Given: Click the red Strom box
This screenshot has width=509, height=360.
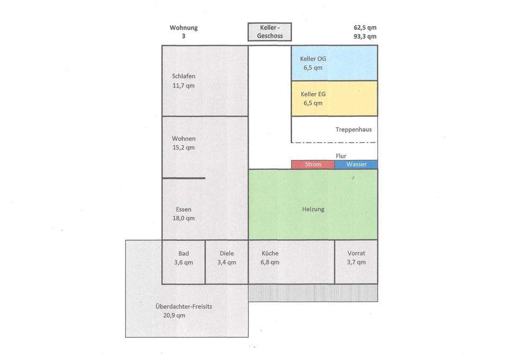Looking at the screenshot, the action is point(313,164).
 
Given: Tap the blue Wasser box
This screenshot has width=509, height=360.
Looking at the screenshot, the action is point(356,164).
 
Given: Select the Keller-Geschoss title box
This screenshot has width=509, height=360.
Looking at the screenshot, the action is point(269,32).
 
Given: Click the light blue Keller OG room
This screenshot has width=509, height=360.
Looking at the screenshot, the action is point(334,63).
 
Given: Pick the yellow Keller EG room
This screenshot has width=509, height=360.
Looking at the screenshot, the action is point(334,99).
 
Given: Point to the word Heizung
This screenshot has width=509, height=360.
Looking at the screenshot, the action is point(313,209).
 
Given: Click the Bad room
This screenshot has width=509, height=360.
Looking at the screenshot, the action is point(183,262).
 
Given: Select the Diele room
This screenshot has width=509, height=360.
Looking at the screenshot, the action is point(226,262).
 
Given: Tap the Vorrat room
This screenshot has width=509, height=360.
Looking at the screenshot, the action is point(356,262).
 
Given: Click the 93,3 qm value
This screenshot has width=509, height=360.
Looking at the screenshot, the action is point(365,37).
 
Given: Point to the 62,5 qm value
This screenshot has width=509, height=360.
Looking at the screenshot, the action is point(365,28).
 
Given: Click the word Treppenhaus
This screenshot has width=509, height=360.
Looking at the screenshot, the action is point(354,129).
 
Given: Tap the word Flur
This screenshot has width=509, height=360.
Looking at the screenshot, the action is point(341,156).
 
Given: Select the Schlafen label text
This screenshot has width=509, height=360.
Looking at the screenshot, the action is point(183,76).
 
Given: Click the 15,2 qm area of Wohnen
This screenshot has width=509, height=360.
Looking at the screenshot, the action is point(183,147).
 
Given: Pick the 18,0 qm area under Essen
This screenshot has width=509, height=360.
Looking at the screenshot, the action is point(183,218).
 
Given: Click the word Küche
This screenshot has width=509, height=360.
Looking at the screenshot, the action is point(269,253).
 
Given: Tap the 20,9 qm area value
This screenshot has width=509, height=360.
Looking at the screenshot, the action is point(174,315).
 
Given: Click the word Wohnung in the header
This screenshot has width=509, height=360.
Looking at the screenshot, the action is point(183,28).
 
